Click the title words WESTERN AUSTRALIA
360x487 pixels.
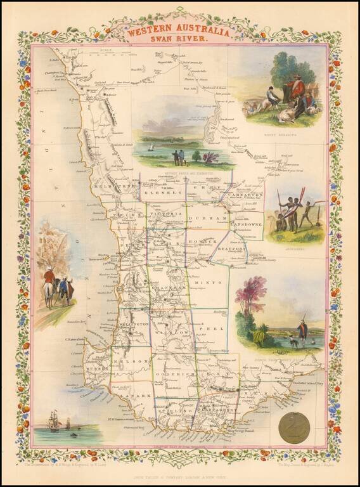point(179,29)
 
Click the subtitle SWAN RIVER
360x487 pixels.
point(179,39)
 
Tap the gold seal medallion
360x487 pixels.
point(294,427)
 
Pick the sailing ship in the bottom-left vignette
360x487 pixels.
point(55,422)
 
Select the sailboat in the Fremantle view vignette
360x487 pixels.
point(151,147)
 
